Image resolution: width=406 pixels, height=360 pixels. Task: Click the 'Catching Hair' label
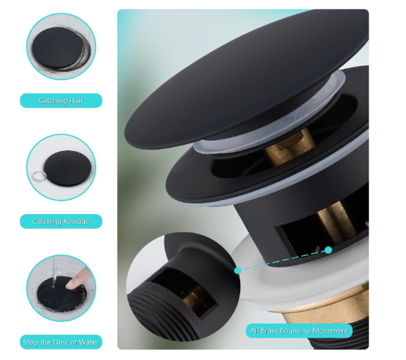(x=61, y=100)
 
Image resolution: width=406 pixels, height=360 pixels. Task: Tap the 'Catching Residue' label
(x=61, y=221)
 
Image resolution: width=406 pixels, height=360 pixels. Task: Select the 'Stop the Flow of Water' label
(x=61, y=342)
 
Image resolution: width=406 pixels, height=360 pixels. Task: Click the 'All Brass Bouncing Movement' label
(x=299, y=331)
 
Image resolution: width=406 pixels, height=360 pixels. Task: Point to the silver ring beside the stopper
(x=39, y=176)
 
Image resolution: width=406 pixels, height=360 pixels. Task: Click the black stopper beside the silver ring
(x=68, y=168)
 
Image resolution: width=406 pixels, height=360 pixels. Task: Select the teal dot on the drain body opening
(x=328, y=250)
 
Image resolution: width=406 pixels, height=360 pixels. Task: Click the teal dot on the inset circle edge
(x=238, y=270)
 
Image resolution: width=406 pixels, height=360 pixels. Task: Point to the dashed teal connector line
(x=283, y=260)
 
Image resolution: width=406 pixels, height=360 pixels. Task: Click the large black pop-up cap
(x=246, y=80)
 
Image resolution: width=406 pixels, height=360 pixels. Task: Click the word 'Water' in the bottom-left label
(x=89, y=342)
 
